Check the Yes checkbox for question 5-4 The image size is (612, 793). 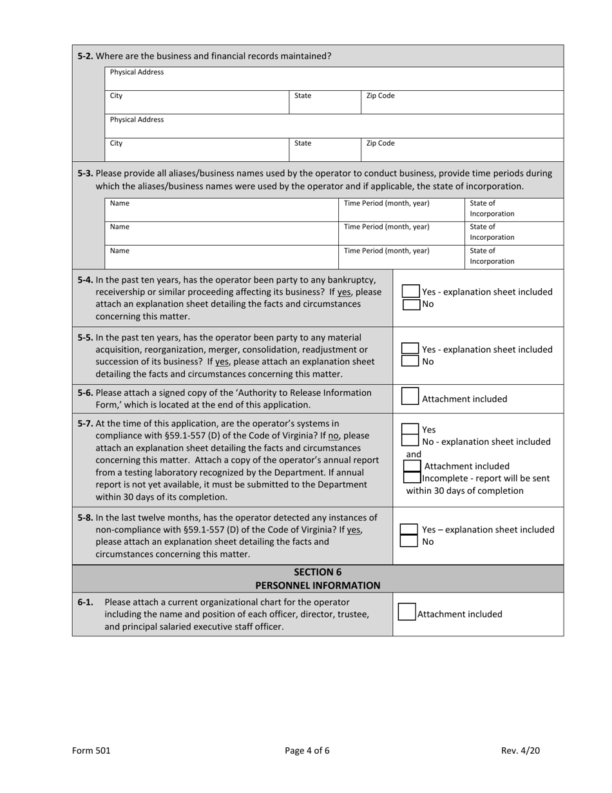410,291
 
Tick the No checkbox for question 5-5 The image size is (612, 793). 410,361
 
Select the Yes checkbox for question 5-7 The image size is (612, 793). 410,429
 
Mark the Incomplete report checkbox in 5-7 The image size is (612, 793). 412,478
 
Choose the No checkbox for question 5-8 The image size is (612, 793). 409,542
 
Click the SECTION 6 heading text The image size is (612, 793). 318,572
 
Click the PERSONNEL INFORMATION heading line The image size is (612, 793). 318,585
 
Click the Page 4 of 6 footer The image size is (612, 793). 307,750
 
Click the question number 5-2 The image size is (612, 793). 85,56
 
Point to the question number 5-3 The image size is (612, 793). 85,173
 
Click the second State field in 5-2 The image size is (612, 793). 324,150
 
